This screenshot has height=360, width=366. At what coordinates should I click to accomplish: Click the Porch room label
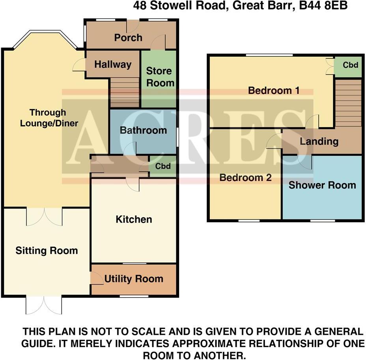128,37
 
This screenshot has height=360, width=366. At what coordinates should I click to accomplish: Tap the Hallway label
113,64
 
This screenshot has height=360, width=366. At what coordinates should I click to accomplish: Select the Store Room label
160,77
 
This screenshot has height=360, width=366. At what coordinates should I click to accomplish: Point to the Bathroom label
143,130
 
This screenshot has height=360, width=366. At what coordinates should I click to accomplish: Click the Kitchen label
134,219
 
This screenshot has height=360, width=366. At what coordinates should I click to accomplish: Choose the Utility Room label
134,279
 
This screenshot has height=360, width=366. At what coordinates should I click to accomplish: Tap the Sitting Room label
47,251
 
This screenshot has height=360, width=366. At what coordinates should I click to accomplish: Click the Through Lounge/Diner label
49,118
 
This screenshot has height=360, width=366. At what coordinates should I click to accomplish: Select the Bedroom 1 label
274,90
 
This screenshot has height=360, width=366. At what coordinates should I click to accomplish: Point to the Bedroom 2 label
245,178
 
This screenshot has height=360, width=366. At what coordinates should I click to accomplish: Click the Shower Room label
322,185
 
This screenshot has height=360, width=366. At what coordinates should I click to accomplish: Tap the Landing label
319,141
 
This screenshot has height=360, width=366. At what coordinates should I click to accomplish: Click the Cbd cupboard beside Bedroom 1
350,65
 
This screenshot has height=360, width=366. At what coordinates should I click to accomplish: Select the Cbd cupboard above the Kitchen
163,166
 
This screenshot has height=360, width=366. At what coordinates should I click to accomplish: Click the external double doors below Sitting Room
44,305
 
